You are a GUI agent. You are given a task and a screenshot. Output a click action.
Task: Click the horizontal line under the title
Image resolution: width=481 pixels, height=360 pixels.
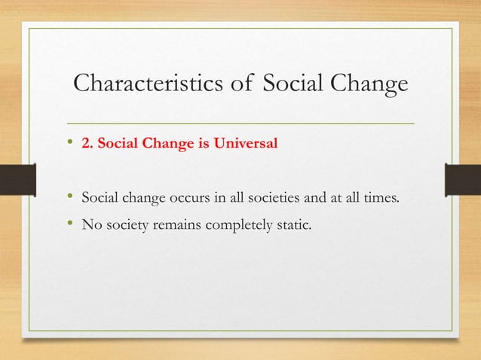[x=241, y=122]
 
